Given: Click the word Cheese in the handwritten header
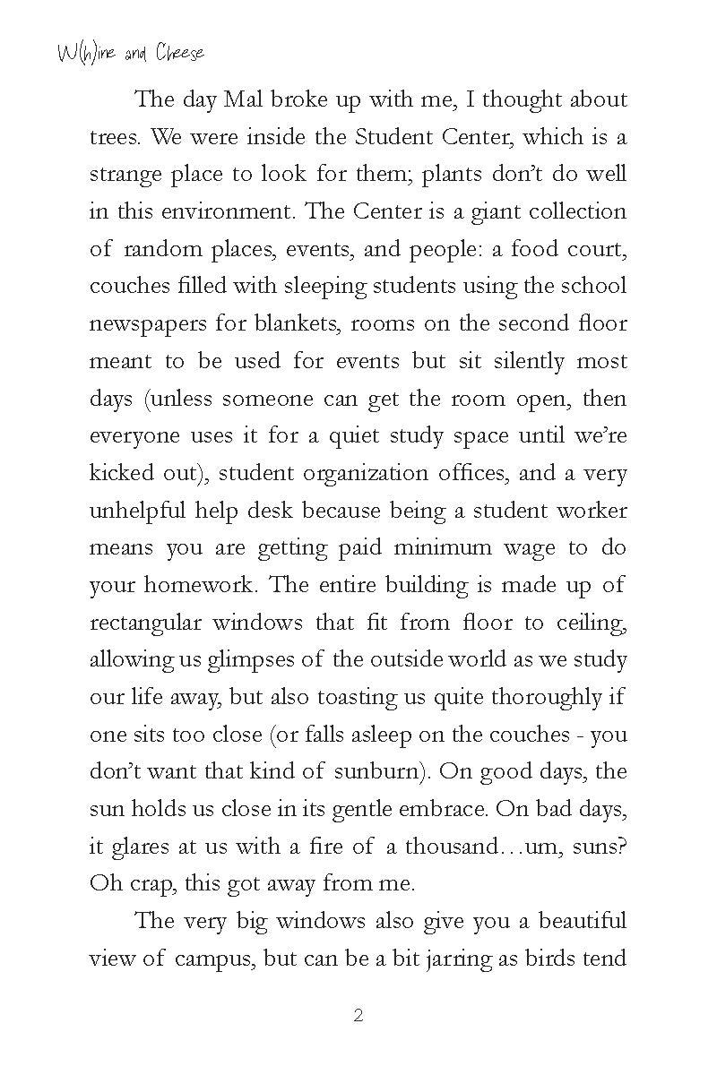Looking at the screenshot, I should click(179, 53).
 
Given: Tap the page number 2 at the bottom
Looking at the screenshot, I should click(358, 1015).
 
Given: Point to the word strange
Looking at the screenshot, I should click(125, 175).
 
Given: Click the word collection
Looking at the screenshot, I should click(577, 212).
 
